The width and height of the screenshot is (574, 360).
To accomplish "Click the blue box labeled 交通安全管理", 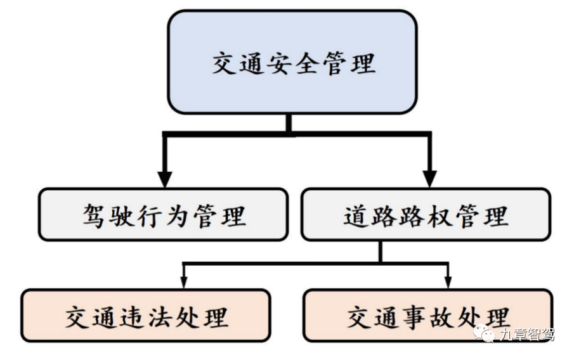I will pos(292,62).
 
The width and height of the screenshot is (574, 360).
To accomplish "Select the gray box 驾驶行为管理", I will pos(163,214).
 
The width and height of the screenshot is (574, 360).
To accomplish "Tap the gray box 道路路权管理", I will pos(426,214).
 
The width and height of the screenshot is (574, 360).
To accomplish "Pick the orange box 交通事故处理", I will pos(428,316).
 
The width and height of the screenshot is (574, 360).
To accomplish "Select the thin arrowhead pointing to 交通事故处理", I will pos(448,283).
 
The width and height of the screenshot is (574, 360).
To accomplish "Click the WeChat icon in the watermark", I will pos(486,333).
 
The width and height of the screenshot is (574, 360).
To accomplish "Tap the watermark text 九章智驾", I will pos(526,334).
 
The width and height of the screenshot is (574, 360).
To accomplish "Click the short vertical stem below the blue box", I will pos(289,124).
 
